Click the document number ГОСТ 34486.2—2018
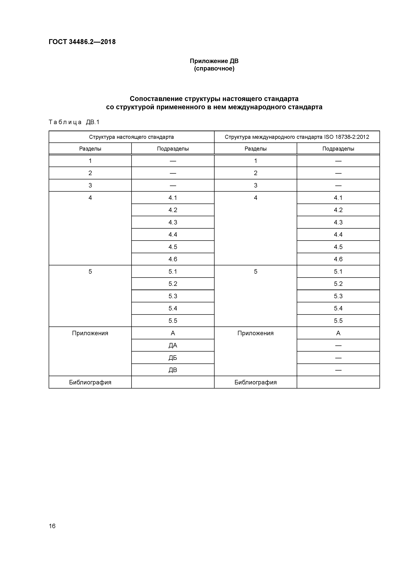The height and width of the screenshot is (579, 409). [x=82, y=42]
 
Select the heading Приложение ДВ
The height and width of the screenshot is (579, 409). [x=214, y=61]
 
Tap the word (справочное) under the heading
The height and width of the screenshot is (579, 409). [x=214, y=69]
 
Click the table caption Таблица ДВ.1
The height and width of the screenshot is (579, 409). [x=74, y=122]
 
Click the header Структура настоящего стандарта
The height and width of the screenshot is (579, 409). [x=131, y=137]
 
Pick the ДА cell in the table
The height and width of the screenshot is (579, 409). [x=173, y=345]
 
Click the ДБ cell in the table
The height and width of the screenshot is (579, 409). [x=173, y=358]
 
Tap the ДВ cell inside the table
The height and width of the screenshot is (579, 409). [x=173, y=370]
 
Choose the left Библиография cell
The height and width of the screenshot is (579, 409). [x=90, y=382]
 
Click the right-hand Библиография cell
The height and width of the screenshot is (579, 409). [x=255, y=382]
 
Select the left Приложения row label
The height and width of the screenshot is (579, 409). [x=90, y=333]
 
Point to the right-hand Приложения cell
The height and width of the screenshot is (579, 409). [x=255, y=333]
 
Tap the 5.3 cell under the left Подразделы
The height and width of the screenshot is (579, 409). [x=173, y=296]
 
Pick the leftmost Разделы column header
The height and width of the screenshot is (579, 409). [x=90, y=149]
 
